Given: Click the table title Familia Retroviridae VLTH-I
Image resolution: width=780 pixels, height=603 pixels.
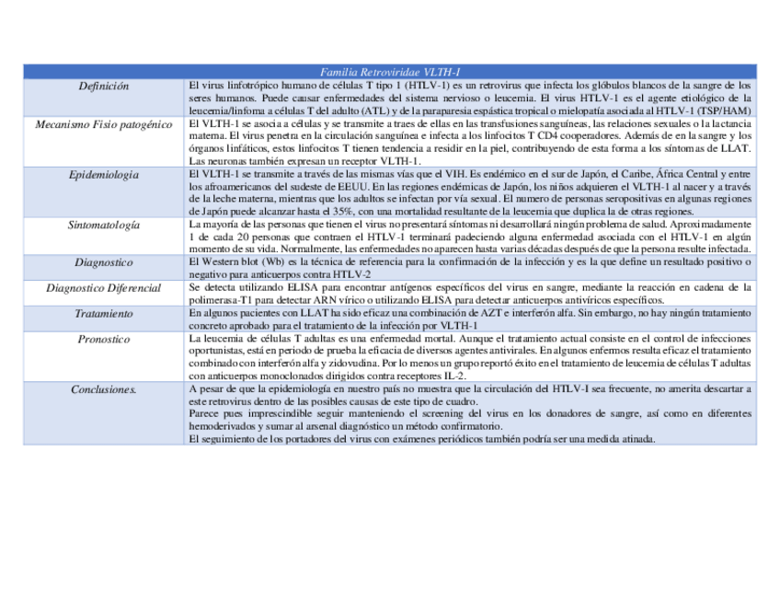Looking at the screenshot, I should [x=390, y=72].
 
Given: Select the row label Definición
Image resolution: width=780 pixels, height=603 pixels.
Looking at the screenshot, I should [x=104, y=86].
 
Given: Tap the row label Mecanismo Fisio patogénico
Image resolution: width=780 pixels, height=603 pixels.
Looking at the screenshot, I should [x=104, y=123].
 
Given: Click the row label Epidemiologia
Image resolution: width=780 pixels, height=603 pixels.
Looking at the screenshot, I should [x=104, y=174].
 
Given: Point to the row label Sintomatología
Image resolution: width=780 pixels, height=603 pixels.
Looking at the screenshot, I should [x=104, y=225].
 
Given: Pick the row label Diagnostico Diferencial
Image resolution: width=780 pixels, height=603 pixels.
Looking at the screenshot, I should [x=104, y=288].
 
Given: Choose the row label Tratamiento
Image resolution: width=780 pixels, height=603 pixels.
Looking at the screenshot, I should [x=104, y=314].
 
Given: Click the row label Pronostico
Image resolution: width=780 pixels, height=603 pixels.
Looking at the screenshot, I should [x=104, y=339].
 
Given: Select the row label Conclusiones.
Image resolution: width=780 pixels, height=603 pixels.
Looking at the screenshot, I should [x=104, y=389].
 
